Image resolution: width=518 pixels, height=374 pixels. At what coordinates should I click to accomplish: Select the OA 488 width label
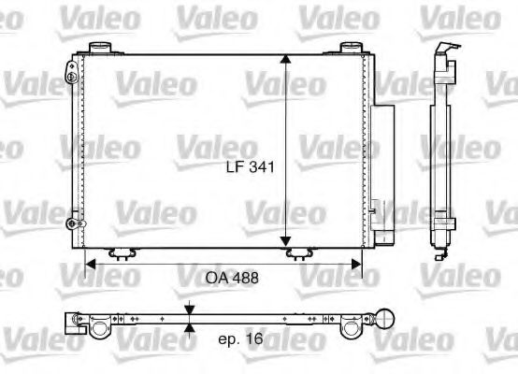[x=231, y=278]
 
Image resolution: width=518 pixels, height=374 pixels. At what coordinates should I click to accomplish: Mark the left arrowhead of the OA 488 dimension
[x=91, y=265]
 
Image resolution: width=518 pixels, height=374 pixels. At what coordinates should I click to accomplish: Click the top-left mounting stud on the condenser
[x=100, y=47]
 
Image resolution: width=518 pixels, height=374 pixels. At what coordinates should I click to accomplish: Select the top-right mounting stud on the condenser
[x=351, y=47]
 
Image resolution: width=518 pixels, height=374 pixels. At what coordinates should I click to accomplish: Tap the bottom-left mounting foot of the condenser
[x=121, y=253]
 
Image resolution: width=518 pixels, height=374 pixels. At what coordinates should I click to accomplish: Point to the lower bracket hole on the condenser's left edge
[x=71, y=223]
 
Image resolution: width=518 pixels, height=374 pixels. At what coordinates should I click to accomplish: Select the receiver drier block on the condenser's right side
[x=380, y=164]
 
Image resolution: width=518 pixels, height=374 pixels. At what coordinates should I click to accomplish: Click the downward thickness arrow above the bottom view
[x=190, y=309]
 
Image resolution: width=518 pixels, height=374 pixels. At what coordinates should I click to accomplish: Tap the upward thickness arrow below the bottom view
[x=190, y=326]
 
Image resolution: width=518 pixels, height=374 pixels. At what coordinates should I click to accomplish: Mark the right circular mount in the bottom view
[x=351, y=327]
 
